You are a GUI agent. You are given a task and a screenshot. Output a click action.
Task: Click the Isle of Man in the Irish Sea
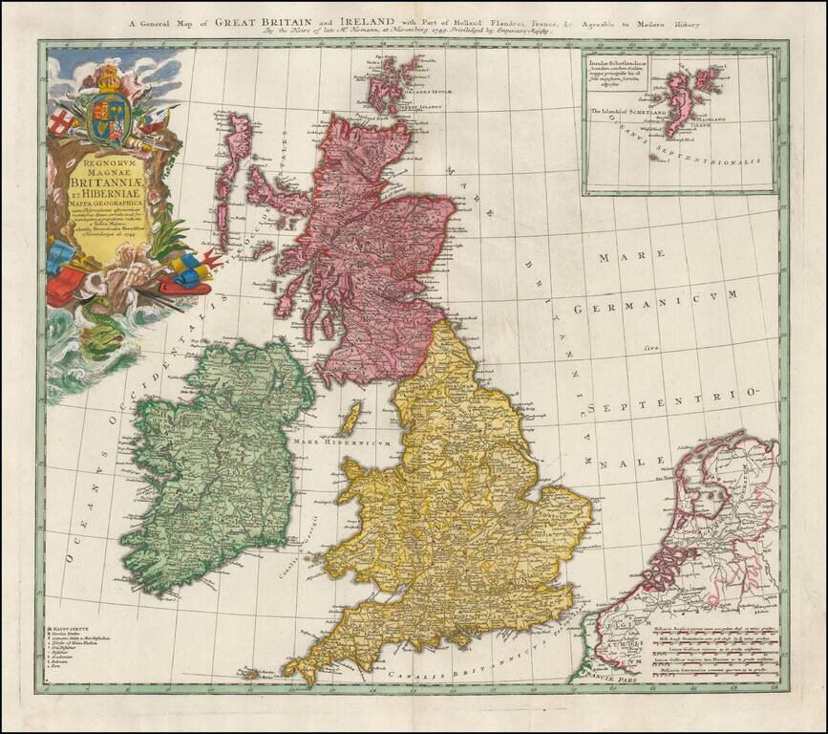[350, 418]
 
